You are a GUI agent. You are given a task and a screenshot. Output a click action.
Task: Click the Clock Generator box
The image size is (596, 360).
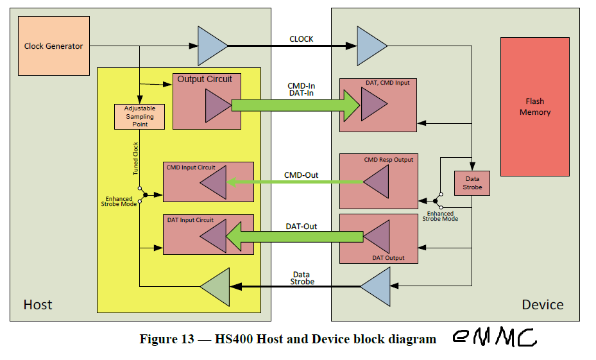pyautogui.click(x=54, y=46)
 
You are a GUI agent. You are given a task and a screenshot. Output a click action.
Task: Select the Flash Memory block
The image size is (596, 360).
pyautogui.click(x=534, y=107)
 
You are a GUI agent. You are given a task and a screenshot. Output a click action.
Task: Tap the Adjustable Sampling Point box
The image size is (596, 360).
pyautogui.click(x=140, y=116)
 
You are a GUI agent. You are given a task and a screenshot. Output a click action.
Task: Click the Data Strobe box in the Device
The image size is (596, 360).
pyautogui.click(x=472, y=184)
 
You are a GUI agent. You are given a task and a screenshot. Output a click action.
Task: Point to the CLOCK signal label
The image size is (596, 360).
pyautogui.click(x=301, y=39)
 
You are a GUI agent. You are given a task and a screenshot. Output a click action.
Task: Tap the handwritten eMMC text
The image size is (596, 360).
pyautogui.click(x=493, y=338)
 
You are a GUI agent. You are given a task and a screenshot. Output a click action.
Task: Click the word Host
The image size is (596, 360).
pyautogui.click(x=38, y=304)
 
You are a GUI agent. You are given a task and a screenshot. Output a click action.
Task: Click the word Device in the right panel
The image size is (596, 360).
pyautogui.click(x=542, y=304)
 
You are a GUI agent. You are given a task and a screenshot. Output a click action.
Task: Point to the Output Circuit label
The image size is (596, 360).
pyautogui.click(x=205, y=79)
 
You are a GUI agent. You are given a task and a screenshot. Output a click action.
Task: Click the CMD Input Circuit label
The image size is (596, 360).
pyautogui.click(x=191, y=167)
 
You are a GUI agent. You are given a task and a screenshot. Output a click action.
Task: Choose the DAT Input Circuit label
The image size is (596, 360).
pyautogui.click(x=190, y=220)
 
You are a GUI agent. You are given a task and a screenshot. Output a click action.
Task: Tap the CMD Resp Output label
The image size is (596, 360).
pyautogui.click(x=389, y=159)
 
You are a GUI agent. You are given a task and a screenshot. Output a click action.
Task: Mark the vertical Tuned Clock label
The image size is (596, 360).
pyautogui.click(x=135, y=159)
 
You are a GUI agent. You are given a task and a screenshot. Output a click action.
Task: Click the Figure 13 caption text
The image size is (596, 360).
pyautogui.click(x=287, y=339)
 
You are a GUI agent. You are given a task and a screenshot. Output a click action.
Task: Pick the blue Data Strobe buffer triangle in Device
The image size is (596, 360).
pyautogui.click(x=376, y=286)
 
